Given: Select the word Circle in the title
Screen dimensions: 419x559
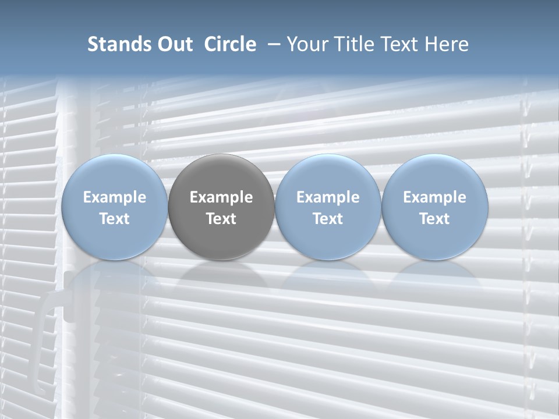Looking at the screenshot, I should (230, 44).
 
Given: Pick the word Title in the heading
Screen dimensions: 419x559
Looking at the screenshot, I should (355, 44).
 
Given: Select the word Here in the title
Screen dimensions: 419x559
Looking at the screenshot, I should (448, 44).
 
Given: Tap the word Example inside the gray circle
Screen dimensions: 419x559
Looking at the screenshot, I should (221, 197).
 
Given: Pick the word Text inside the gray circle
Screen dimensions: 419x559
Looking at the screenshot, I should (221, 219).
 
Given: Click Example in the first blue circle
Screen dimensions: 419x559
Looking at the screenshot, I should (114, 197).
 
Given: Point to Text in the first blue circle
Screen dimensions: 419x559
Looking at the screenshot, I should (114, 219).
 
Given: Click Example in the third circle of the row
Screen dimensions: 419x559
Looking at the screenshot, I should (328, 197).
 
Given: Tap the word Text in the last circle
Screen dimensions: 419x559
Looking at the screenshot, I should (435, 219).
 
